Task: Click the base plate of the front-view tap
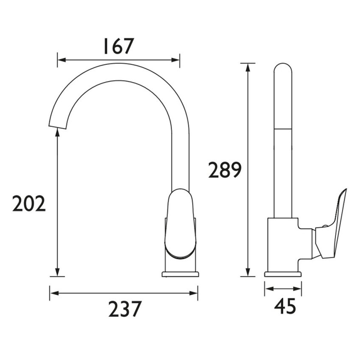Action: [180, 274]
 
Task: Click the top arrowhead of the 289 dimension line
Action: [247, 67]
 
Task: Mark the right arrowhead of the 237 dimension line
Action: [194, 293]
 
